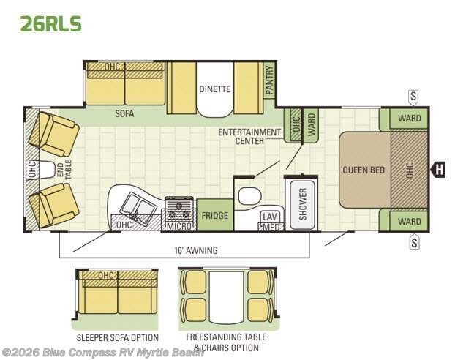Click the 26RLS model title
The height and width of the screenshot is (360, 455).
point(50,23)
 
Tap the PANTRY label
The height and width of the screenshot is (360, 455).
point(270,80)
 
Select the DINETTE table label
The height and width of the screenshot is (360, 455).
point(215,89)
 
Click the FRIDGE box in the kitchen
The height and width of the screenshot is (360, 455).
point(215,215)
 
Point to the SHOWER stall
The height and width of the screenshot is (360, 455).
point(302,204)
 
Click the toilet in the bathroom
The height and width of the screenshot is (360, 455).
point(249,196)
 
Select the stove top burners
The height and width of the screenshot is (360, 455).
point(179,210)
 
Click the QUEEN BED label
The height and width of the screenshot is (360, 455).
point(364,170)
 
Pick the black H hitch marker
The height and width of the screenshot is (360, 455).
point(439,169)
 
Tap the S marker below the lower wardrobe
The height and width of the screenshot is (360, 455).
point(414,241)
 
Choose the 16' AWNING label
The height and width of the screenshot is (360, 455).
point(196,250)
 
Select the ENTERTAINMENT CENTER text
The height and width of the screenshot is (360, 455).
point(249,136)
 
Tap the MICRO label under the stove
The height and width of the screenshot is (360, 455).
point(180,226)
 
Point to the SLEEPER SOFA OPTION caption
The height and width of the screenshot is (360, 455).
point(118,337)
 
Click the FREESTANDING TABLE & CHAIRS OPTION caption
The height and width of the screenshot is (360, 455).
point(226,342)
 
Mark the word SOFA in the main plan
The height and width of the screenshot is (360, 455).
point(124,113)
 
